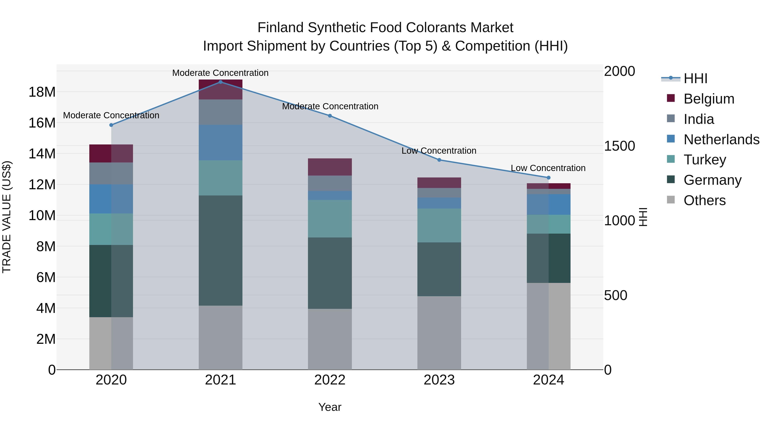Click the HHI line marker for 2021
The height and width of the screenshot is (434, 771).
click(x=221, y=82)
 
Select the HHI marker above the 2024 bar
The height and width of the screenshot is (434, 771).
click(x=549, y=178)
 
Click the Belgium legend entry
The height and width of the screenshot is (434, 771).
click(x=709, y=99)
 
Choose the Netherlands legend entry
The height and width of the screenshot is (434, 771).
click(x=721, y=140)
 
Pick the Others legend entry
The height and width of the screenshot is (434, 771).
click(x=705, y=200)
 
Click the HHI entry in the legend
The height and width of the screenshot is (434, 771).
click(x=696, y=78)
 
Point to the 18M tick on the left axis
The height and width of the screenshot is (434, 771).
click(x=42, y=92)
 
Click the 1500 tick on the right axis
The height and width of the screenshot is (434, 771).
click(x=619, y=146)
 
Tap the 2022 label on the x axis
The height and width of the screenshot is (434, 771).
click(x=330, y=380)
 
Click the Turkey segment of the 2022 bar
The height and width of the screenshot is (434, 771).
click(x=330, y=219)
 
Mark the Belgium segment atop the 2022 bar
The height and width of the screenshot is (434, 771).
click(x=330, y=167)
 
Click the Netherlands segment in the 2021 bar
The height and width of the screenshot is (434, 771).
click(x=221, y=142)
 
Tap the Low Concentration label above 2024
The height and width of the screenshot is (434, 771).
click(x=548, y=168)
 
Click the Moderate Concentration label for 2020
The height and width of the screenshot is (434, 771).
click(x=111, y=115)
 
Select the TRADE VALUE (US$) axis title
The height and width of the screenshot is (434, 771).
click(x=7, y=217)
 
